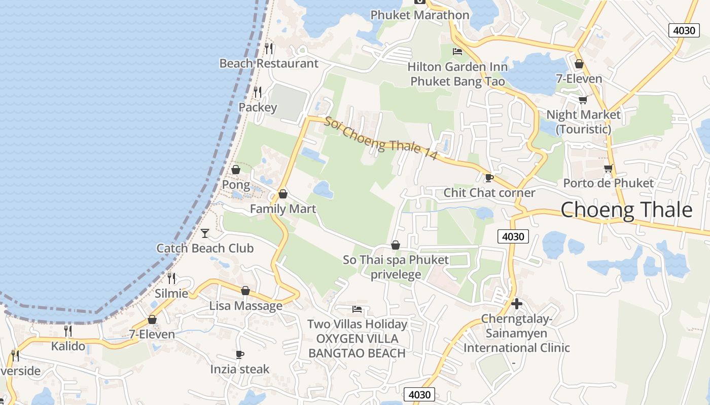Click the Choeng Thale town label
[x=626, y=210]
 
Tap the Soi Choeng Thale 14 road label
[x=380, y=139]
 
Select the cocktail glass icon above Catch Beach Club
[x=205, y=233]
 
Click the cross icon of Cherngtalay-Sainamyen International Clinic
[x=516, y=304]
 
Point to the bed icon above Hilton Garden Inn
[x=457, y=52]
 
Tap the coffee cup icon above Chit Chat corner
[x=489, y=178]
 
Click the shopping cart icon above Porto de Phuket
[x=608, y=168]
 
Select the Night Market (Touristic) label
[x=583, y=121]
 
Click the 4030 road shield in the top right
[x=684, y=30]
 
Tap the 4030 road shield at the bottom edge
[x=419, y=395]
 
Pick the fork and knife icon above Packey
[x=258, y=92]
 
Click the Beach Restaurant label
[x=269, y=63]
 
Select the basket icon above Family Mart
[x=283, y=194]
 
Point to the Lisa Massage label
[x=246, y=306]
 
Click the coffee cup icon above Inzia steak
[x=240, y=354]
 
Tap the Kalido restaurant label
[x=68, y=346]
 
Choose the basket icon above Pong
[x=236, y=170]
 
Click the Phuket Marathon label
[x=419, y=15]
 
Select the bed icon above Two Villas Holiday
[x=357, y=309]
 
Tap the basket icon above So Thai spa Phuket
[x=396, y=245]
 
